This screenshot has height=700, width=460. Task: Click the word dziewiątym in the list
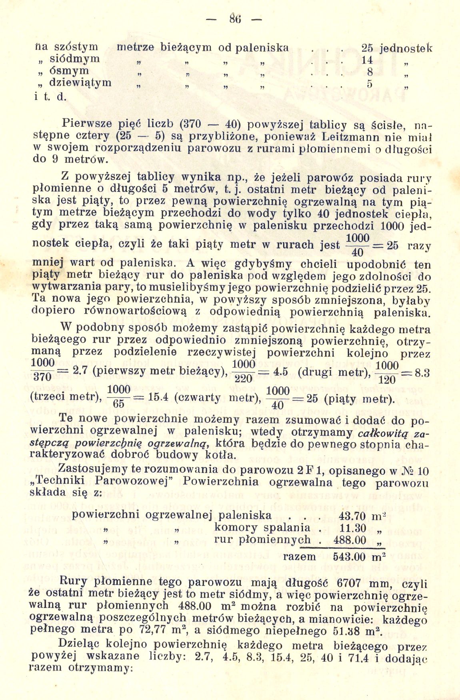coord(80,83)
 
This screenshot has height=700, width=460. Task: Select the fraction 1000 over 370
coord(42,370)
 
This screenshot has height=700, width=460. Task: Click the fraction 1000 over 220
coord(243,371)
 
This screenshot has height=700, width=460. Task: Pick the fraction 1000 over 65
coord(119,397)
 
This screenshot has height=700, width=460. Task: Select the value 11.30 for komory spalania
coord(352,528)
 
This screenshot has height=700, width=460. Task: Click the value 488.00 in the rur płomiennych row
coord(350,540)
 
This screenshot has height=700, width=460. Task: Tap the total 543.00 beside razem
coord(350,557)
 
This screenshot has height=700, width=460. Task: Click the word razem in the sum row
coord(299,557)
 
